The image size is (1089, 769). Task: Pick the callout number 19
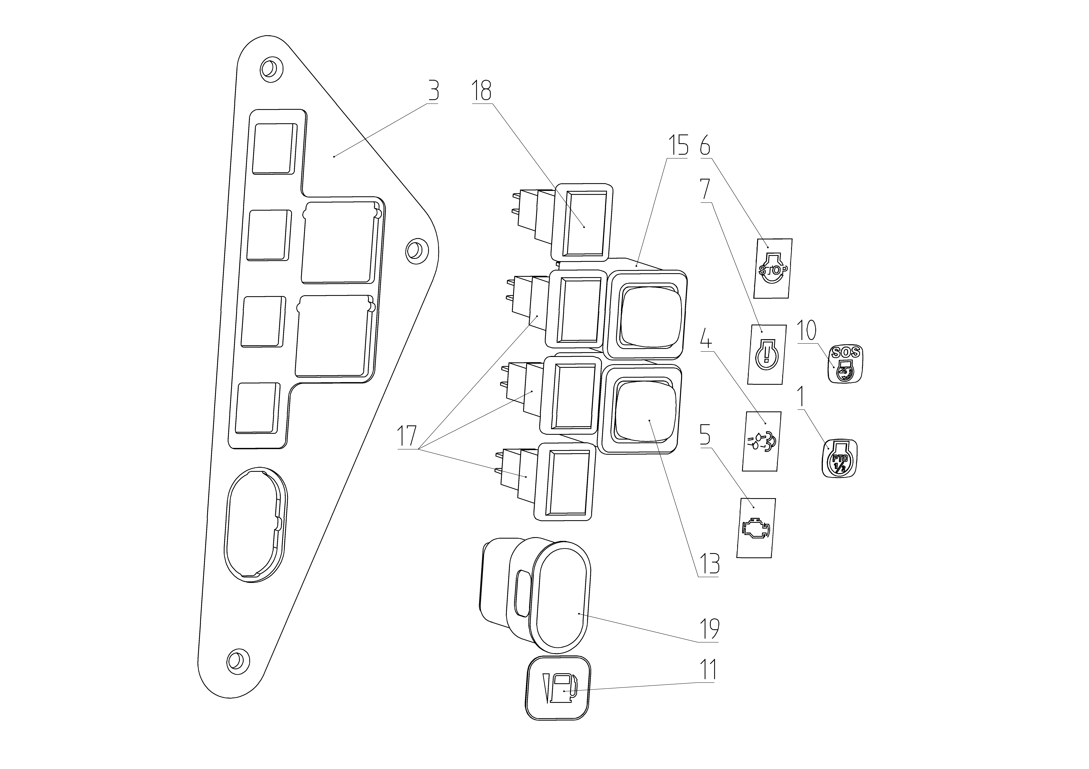point(709,629)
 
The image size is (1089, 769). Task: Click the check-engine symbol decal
point(756,528)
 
